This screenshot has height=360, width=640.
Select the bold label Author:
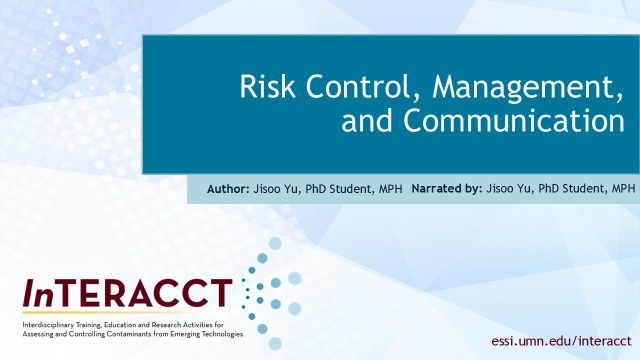228,189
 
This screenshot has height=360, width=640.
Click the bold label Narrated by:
447,189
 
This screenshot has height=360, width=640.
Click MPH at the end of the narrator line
622,189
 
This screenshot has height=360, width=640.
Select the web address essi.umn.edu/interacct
561,341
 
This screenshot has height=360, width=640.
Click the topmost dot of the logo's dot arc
275,243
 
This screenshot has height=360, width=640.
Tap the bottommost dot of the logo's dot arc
275,343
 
